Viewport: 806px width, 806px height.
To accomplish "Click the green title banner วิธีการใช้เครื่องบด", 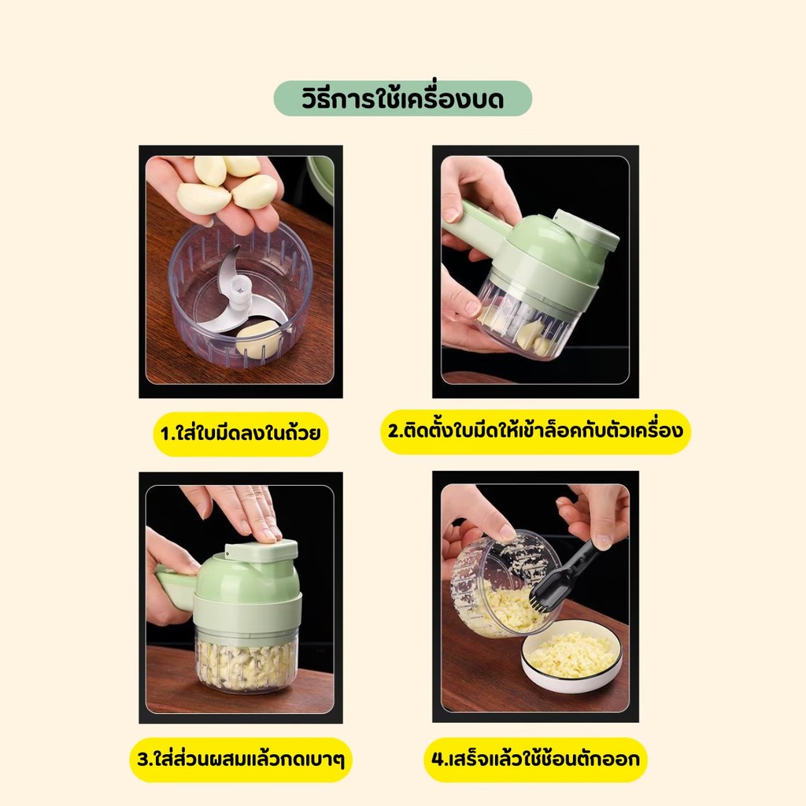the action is (402, 98).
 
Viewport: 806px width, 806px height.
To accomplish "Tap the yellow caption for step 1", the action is (241, 434).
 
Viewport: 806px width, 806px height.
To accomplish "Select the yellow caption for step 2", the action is (535, 431).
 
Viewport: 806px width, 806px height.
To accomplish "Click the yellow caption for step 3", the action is (241, 760).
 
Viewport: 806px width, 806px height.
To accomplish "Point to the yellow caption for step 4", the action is (535, 760).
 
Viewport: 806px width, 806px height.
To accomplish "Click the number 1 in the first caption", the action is (165, 434).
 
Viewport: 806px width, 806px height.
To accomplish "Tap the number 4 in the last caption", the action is (438, 760).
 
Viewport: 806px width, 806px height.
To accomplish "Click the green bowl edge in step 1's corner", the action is (321, 181).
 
